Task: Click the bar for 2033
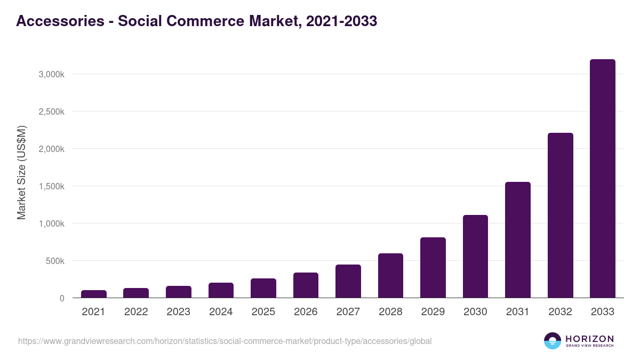(602, 179)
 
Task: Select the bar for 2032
(560, 215)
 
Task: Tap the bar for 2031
(517, 240)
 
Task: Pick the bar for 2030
(475, 257)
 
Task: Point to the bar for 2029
(433, 268)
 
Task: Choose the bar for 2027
(348, 281)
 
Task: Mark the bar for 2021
(93, 294)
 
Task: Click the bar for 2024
(221, 290)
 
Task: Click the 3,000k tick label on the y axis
(51, 74)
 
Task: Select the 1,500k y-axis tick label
(51, 186)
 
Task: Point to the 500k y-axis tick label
(54, 261)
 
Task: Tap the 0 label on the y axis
(62, 298)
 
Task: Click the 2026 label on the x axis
(306, 312)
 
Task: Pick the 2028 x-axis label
(390, 312)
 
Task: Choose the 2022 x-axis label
(136, 312)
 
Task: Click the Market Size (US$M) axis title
(21, 172)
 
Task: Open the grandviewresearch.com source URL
(225, 341)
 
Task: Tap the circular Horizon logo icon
(552, 341)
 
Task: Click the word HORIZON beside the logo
(589, 338)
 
